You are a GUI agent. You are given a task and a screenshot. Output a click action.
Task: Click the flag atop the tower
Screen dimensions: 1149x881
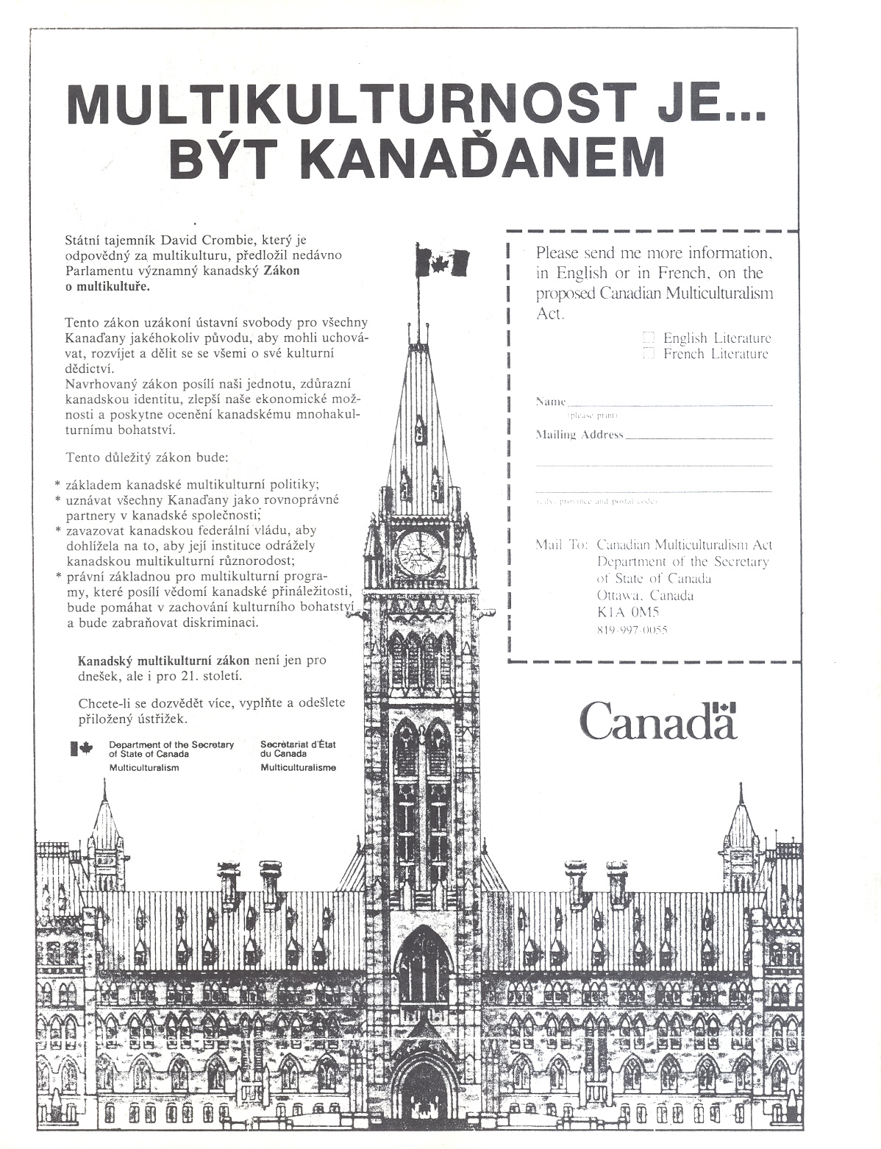pos(443,260)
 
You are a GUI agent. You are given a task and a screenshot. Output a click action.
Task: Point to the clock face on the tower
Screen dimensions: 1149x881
pos(420,552)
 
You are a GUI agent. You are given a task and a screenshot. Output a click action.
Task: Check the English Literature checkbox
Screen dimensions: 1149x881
pos(649,338)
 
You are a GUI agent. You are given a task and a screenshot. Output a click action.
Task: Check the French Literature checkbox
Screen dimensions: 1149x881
pos(649,354)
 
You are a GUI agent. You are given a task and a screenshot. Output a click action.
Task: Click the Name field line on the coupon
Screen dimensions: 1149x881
pos(669,404)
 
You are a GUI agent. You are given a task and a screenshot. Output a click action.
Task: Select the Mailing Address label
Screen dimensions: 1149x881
pos(579,435)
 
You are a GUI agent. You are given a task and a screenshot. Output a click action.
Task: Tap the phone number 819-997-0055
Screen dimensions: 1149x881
pos(632,630)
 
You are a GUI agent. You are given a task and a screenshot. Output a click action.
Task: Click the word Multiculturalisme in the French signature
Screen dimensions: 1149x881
pos(298,767)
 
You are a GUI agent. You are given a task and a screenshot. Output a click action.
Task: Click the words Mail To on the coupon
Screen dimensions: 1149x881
pos(562,545)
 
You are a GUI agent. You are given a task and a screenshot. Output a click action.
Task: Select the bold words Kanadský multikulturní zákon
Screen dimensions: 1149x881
pos(163,660)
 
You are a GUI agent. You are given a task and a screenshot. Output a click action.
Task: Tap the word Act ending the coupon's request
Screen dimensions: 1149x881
pos(549,313)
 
